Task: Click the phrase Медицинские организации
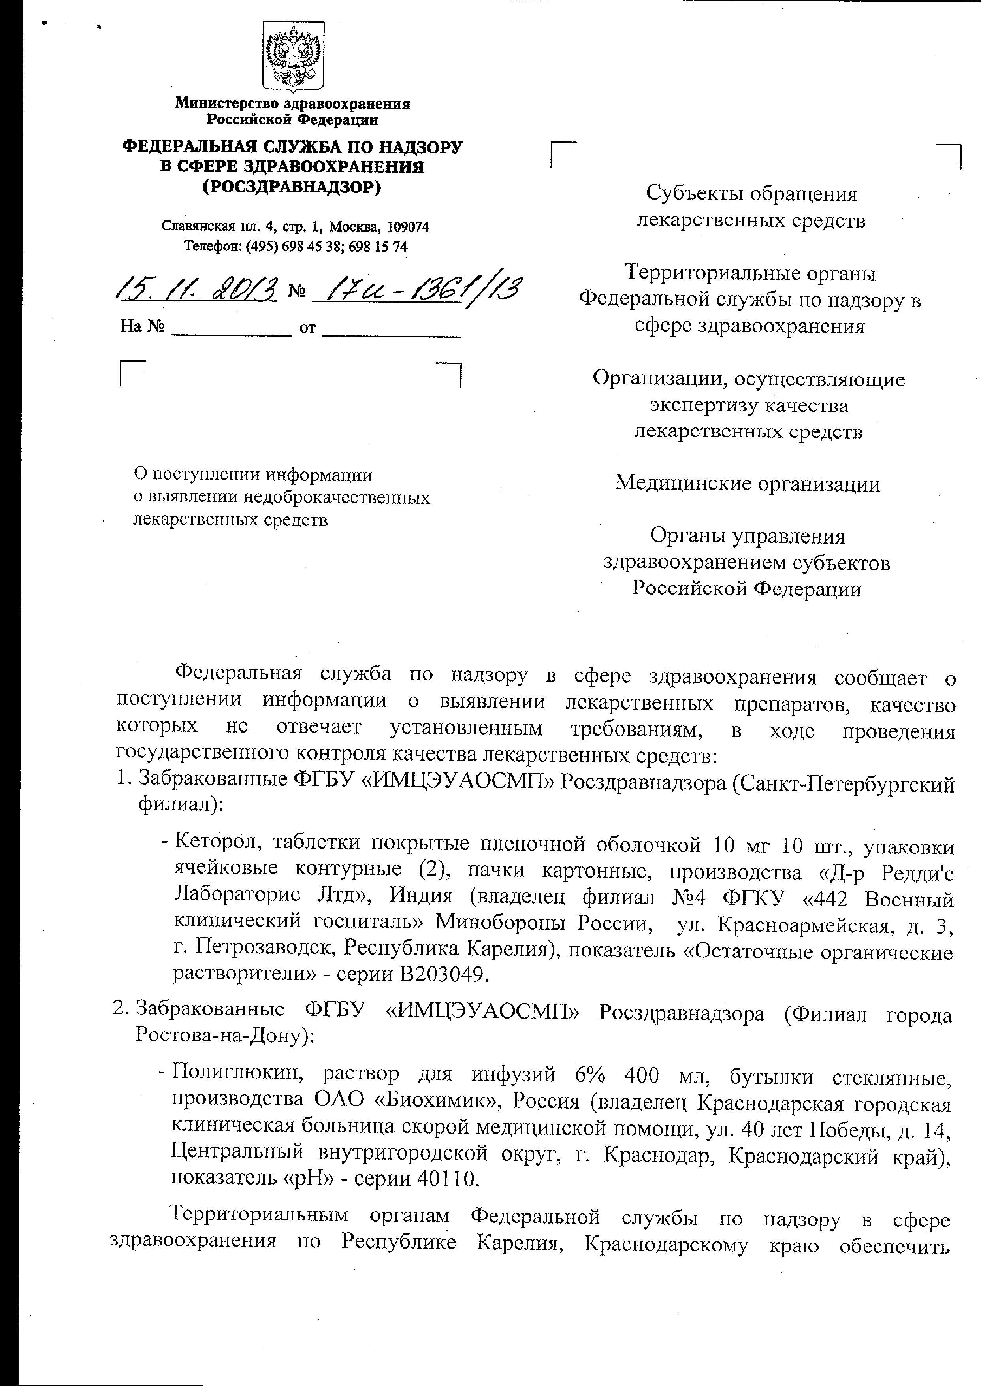click(x=747, y=484)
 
